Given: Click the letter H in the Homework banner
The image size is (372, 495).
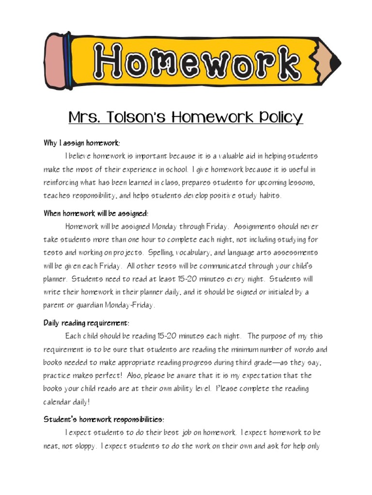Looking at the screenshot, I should point(112,62).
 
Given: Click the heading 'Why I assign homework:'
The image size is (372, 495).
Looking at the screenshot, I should point(81,143).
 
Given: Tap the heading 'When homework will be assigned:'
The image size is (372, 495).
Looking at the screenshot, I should point(96,213).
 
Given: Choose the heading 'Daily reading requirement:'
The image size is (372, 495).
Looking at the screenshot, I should point(87,323).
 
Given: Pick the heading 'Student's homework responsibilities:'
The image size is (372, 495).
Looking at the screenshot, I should point(104,419).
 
